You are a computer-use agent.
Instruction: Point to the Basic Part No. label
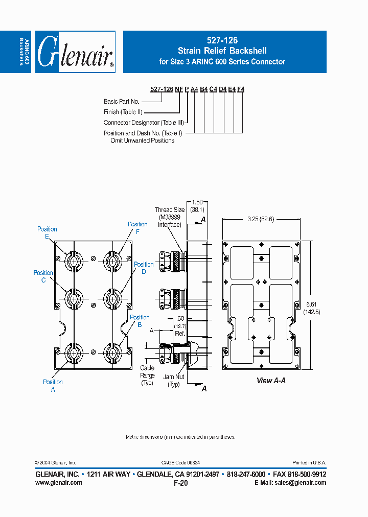click(122, 102)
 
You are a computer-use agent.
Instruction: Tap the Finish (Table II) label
click(123, 112)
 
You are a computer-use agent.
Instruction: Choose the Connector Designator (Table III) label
click(143, 123)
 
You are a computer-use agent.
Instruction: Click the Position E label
click(47, 233)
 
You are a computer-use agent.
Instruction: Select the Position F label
click(137, 228)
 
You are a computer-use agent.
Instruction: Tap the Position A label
click(53, 385)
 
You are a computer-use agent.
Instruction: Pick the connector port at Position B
click(111, 352)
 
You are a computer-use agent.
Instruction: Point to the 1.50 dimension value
click(197, 202)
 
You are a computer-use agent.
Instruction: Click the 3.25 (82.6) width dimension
click(261, 219)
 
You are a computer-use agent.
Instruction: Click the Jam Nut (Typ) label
click(174, 380)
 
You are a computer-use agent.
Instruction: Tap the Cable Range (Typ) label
click(147, 375)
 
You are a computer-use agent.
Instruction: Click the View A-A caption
click(271, 381)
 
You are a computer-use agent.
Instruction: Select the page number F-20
click(181, 483)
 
